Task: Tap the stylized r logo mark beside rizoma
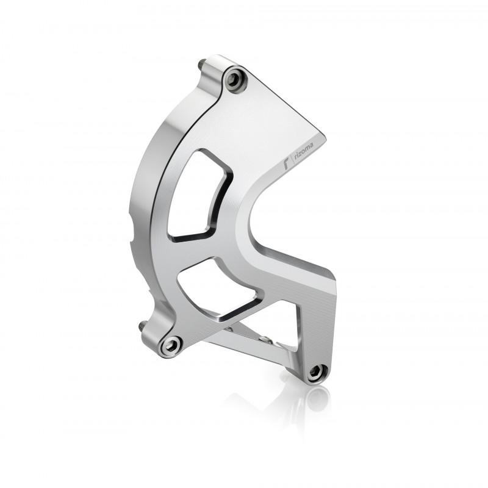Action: pos(289,163)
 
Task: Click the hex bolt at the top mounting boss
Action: pos(235,80)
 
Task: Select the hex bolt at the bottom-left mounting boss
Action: pos(171,345)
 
